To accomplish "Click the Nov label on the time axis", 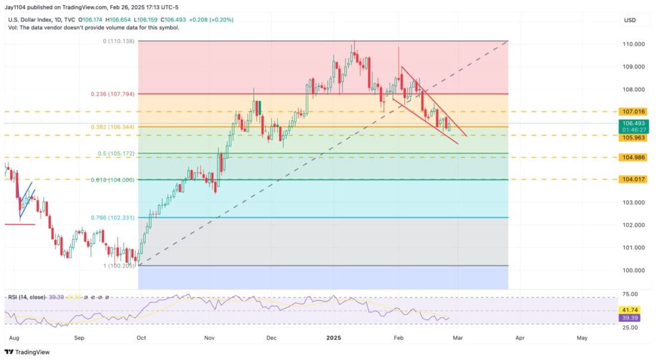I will coord(209,337).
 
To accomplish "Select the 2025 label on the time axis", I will coord(333,337).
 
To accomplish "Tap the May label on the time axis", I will coord(582,337).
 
